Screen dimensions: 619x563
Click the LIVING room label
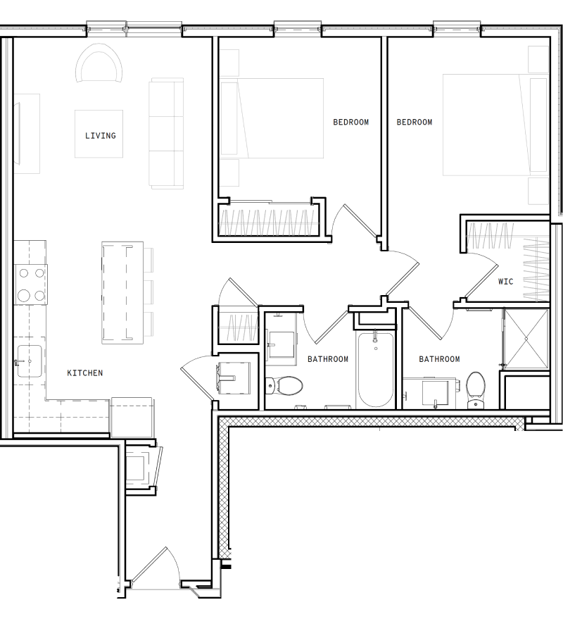point(100,135)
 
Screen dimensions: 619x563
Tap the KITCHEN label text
point(85,373)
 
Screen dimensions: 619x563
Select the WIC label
point(505,281)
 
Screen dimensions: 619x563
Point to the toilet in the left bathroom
point(285,385)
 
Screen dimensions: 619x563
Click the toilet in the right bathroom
point(476,387)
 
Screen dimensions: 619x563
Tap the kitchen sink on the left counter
point(29,362)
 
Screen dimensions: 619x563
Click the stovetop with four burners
point(31,284)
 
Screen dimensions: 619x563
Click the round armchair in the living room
point(99,65)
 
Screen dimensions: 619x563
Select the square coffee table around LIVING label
point(99,134)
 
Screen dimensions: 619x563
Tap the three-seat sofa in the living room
point(166,134)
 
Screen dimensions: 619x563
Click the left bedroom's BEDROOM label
point(350,123)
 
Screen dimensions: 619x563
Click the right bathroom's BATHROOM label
point(439,359)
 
